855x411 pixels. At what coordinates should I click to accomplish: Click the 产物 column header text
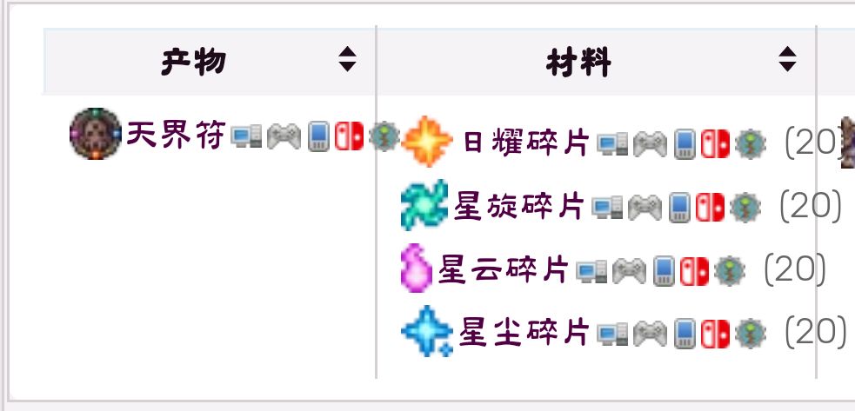pyautogui.click(x=194, y=62)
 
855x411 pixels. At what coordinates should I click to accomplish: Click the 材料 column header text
pyautogui.click(x=578, y=63)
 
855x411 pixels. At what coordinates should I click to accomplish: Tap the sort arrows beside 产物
pyautogui.click(x=347, y=59)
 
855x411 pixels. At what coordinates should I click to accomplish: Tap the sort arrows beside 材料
pyautogui.click(x=787, y=59)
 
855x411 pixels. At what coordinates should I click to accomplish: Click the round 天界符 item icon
pyautogui.click(x=96, y=134)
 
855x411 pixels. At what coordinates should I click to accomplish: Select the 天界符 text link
pyautogui.click(x=176, y=135)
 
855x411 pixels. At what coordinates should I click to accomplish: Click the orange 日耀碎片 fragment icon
pyautogui.click(x=427, y=141)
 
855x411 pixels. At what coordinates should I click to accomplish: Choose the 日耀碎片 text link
pyautogui.click(x=526, y=143)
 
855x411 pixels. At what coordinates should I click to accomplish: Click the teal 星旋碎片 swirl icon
pyautogui.click(x=424, y=205)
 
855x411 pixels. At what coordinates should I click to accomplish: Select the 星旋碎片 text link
pyautogui.click(x=518, y=206)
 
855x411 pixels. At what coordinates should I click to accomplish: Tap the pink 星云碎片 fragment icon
pyautogui.click(x=417, y=268)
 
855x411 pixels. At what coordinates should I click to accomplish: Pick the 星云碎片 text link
pyautogui.click(x=504, y=270)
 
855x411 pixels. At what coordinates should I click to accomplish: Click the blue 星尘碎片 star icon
pyautogui.click(x=427, y=331)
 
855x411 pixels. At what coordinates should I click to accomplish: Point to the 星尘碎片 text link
pyautogui.click(x=524, y=332)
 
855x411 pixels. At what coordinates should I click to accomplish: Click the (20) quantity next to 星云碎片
pyautogui.click(x=795, y=268)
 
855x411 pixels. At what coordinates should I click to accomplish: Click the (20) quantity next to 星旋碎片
pyautogui.click(x=811, y=205)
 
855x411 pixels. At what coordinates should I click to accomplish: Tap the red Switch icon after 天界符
pyautogui.click(x=349, y=136)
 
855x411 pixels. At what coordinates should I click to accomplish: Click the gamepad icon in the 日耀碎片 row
pyautogui.click(x=650, y=144)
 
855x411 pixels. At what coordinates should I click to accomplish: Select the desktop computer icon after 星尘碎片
pyautogui.click(x=612, y=334)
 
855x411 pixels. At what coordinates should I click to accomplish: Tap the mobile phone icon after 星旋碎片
pyautogui.click(x=679, y=207)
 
